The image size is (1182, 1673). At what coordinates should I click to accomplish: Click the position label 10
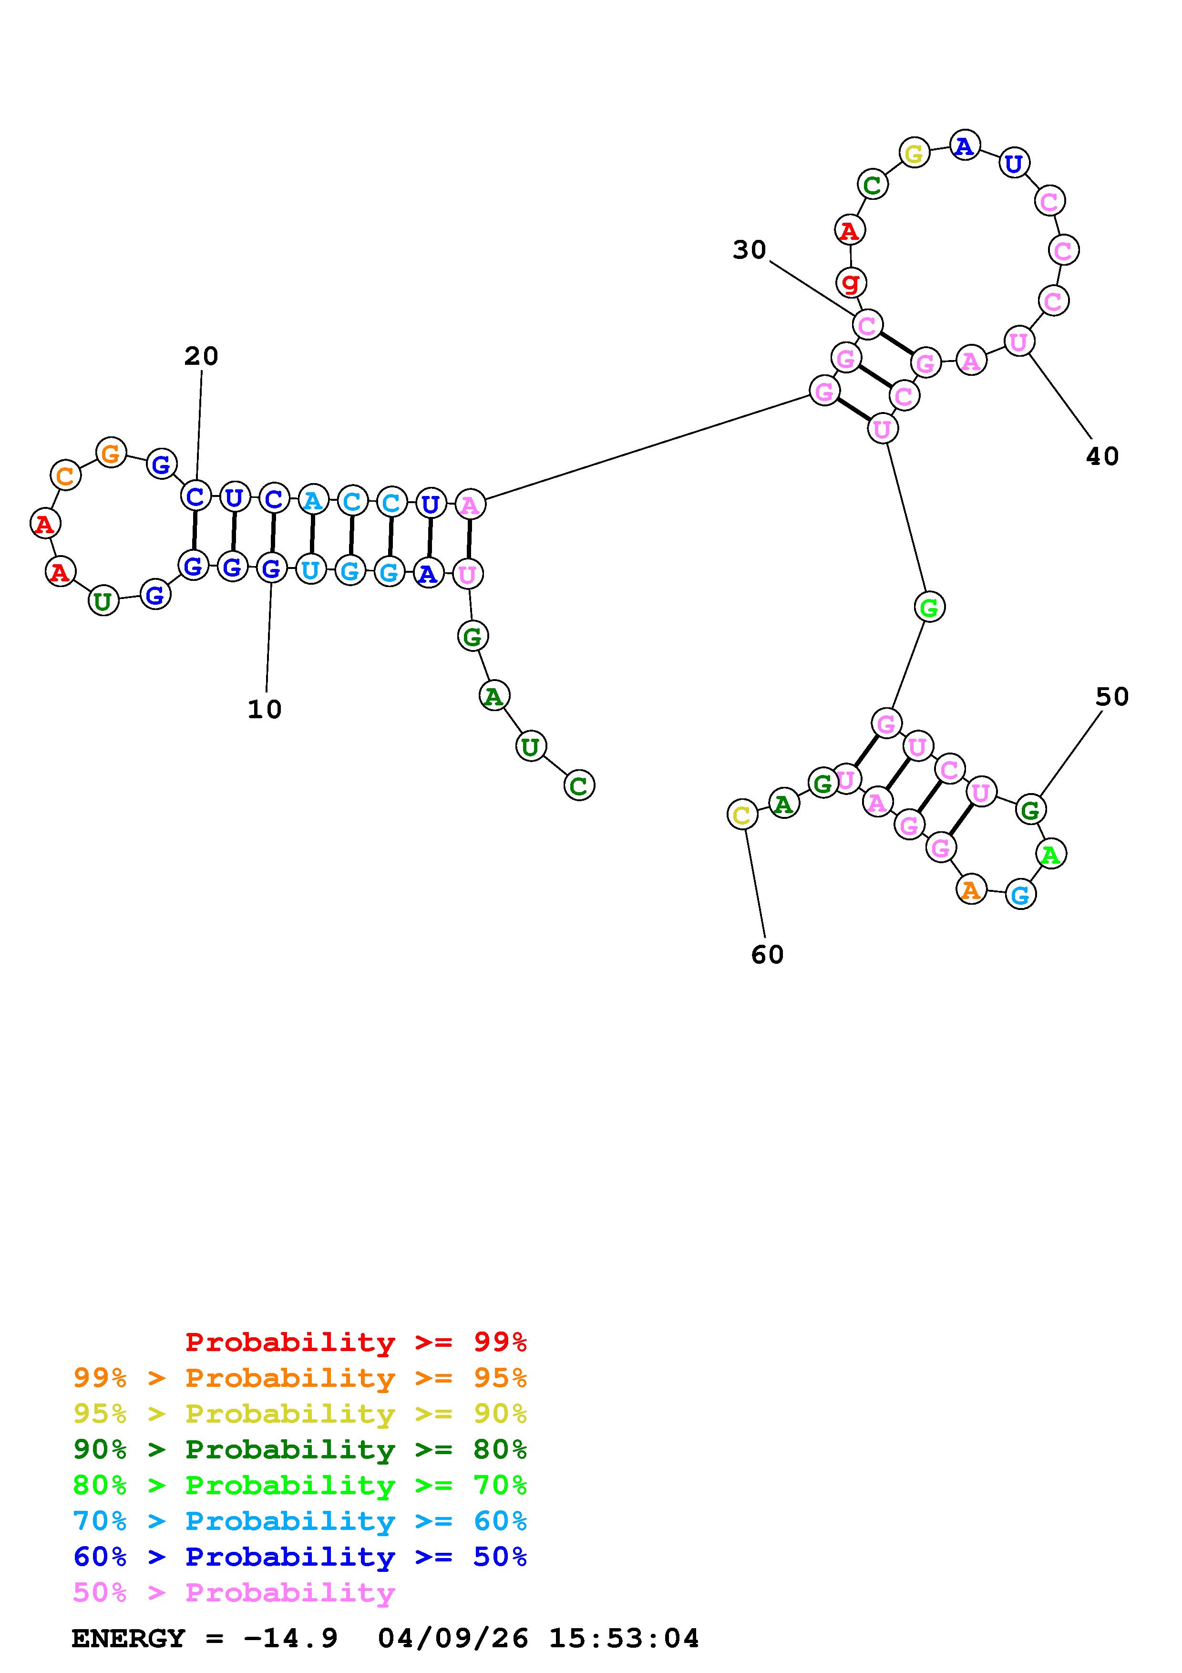point(264,709)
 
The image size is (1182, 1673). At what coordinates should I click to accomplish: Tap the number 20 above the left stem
point(201,356)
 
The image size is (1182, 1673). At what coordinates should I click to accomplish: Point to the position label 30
point(750,250)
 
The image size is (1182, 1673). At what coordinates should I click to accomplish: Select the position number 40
point(1102,456)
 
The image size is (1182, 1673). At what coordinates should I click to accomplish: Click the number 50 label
point(1112,697)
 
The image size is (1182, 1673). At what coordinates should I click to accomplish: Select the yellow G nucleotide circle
point(914,153)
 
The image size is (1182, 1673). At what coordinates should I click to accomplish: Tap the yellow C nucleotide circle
point(742,815)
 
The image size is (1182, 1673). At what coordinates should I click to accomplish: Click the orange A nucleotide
point(971,890)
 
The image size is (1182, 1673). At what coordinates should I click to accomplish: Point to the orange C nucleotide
point(65,476)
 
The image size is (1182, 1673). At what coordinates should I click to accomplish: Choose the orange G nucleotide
point(111,453)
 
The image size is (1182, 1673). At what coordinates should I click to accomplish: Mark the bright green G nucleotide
point(928,607)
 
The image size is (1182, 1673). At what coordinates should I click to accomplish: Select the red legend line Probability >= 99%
point(355,1342)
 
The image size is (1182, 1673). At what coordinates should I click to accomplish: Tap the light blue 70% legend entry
point(299,1521)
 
